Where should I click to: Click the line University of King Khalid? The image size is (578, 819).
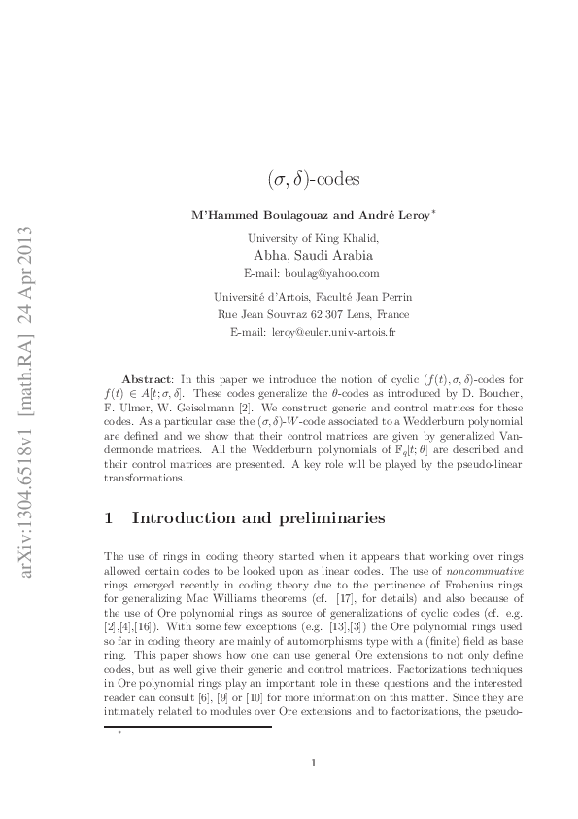tap(313, 236)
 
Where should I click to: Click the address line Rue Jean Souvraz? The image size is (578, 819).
tap(313, 314)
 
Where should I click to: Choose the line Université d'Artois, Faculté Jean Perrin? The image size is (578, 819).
tap(313, 296)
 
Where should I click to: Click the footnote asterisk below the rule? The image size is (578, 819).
tap(119, 733)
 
